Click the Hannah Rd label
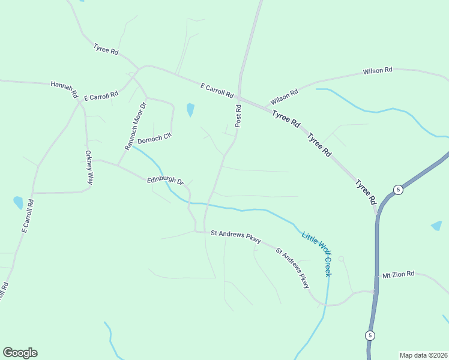point(65,89)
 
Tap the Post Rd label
point(238,116)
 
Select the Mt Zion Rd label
point(398,274)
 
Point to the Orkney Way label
point(89,167)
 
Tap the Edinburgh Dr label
point(165,180)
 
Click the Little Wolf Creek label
point(316,254)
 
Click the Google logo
point(20,353)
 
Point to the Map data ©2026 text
point(423,355)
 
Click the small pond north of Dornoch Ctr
point(190,110)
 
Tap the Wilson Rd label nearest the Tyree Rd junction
point(284,97)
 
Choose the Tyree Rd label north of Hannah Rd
point(106,49)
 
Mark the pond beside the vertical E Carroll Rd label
point(18,202)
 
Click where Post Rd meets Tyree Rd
point(239,98)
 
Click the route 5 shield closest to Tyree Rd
point(397,190)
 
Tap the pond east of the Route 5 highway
point(436,226)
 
